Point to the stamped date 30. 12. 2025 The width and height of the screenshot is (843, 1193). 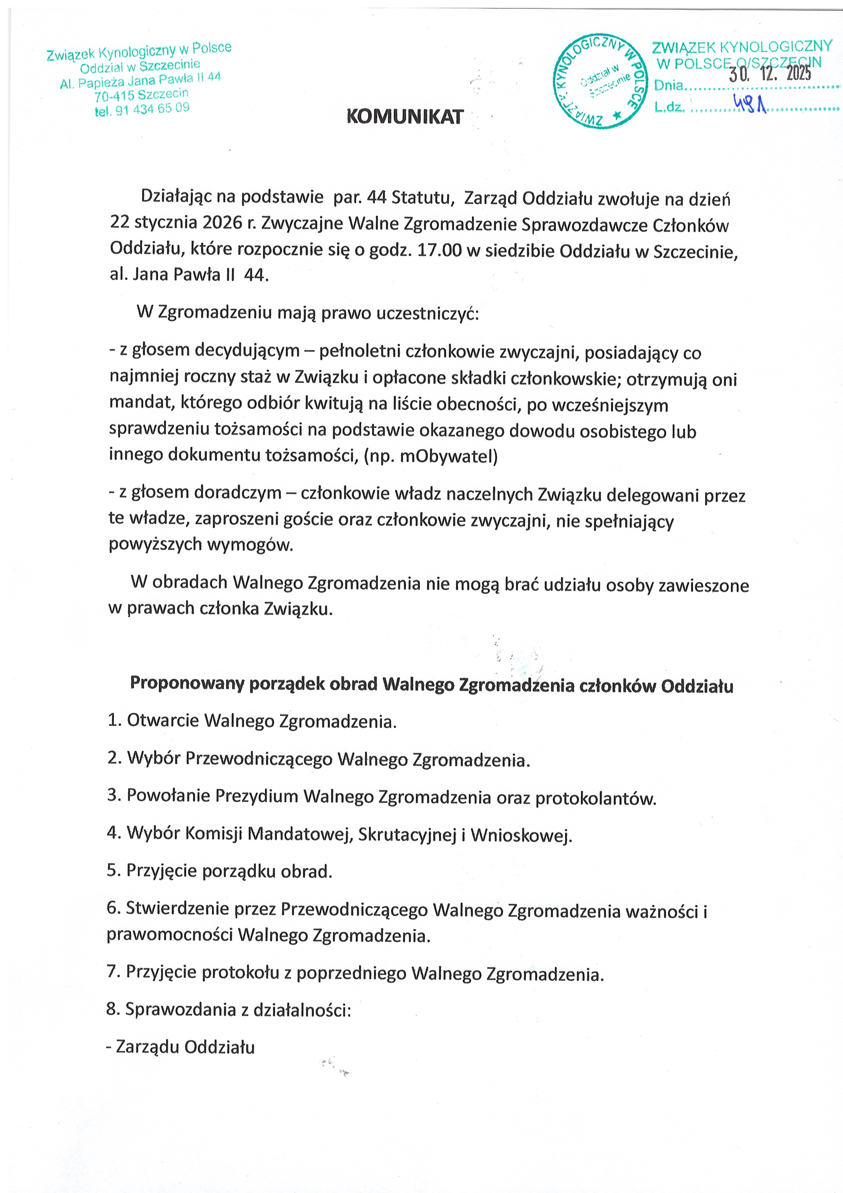point(769,74)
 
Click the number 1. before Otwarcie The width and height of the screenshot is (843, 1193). point(114,720)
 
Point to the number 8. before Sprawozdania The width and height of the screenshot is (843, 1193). point(113,1010)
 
